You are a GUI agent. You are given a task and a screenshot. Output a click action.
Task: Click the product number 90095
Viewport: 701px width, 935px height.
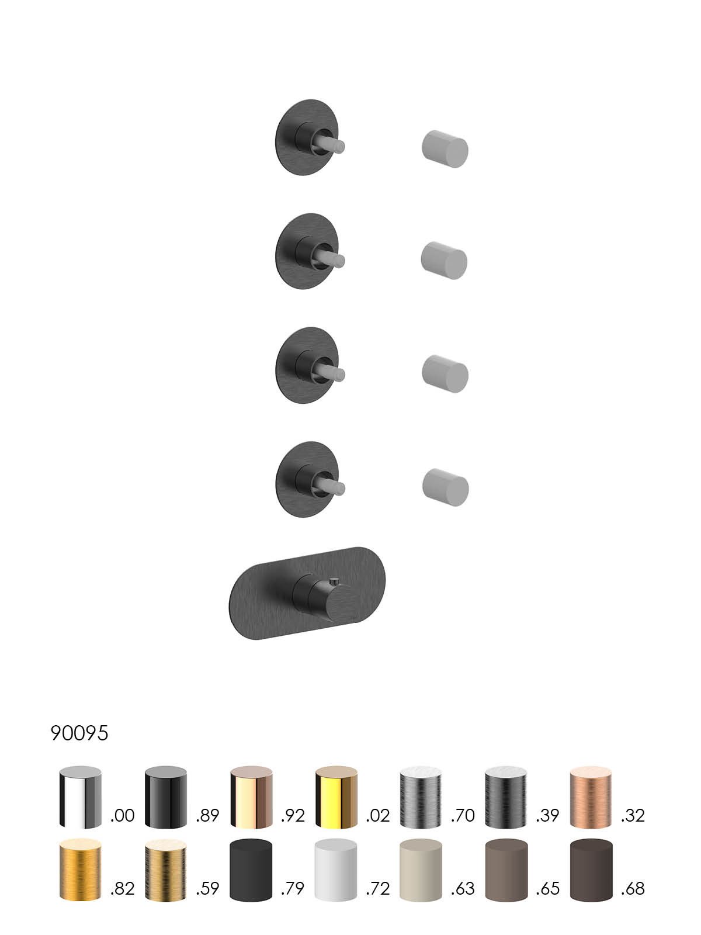(x=79, y=733)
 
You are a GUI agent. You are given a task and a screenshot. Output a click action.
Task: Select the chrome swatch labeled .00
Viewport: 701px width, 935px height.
(x=80, y=797)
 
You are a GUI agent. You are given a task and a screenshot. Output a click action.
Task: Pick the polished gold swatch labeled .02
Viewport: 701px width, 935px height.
(x=336, y=797)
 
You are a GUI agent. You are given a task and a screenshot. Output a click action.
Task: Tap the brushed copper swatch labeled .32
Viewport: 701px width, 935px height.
(x=591, y=797)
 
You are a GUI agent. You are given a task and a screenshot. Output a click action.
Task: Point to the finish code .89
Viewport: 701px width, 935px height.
(x=207, y=816)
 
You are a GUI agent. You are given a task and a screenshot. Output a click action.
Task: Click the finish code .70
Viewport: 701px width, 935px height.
(x=463, y=816)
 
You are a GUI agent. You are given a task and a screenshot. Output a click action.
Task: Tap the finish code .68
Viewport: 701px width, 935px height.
(x=633, y=889)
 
